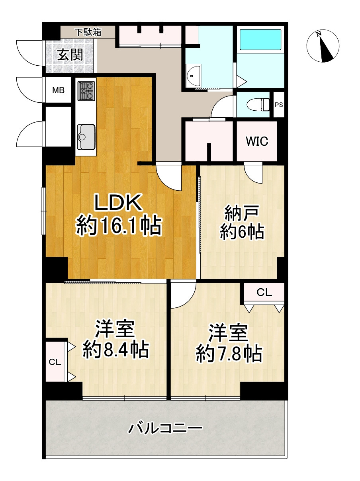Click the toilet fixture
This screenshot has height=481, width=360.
tap(258, 105)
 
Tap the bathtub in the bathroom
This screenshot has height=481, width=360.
tap(260, 40)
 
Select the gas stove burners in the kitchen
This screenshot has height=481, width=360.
tap(86, 91)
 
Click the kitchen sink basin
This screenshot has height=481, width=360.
tap(86, 137)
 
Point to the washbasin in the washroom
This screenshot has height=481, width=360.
tap(193, 76)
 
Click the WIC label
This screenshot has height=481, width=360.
tap(257, 141)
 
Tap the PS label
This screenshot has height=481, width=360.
tap(279, 105)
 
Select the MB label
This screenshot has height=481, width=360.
tap(58, 90)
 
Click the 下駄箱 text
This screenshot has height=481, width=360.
tap(88, 32)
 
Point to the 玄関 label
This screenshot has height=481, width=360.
tap(70, 55)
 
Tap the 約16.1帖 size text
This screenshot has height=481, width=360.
tap(119, 227)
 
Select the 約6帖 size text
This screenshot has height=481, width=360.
tap(242, 232)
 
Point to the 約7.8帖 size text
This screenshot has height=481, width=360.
tap(229, 354)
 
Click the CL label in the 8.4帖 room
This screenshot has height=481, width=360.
tap(55, 362)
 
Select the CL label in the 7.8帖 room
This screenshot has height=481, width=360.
tap(264, 292)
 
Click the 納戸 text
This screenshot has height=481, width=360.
tap(242, 213)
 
